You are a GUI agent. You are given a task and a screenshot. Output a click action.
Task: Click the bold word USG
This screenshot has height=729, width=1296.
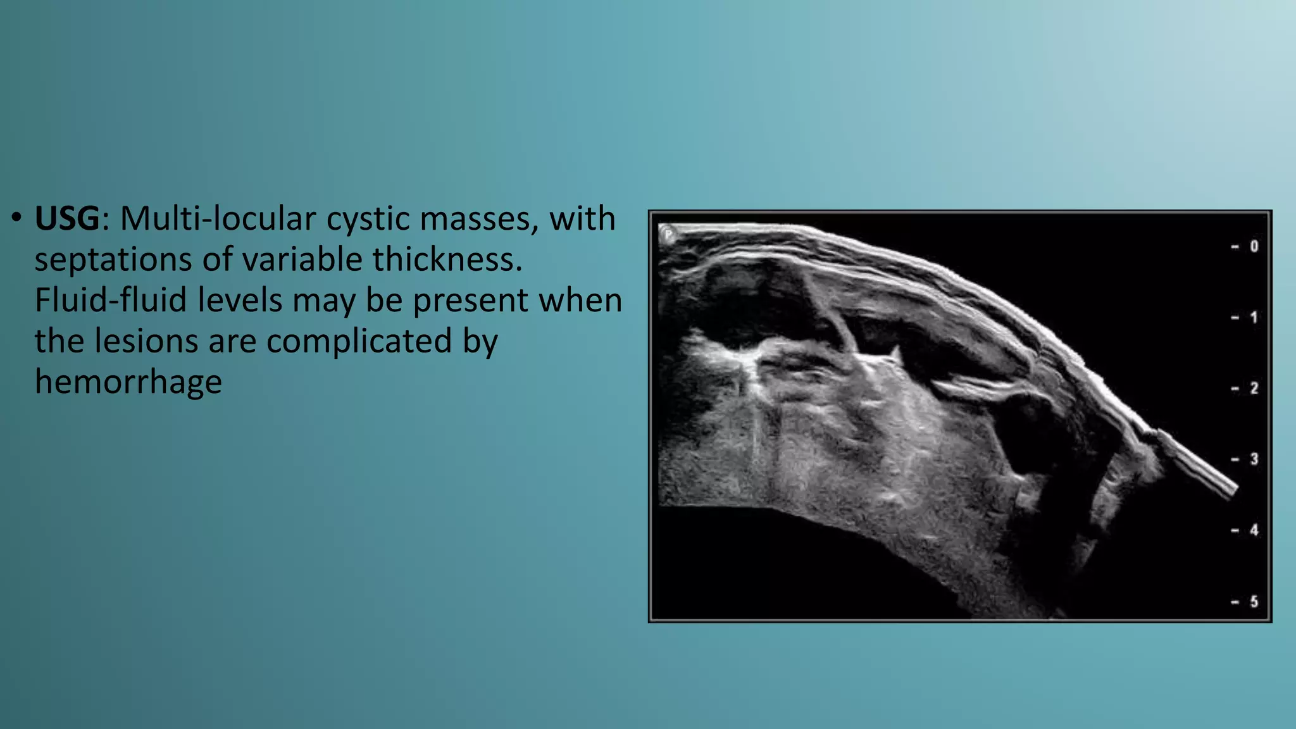tap(67, 219)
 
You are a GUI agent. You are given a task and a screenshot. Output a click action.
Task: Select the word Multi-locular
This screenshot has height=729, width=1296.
tap(218, 219)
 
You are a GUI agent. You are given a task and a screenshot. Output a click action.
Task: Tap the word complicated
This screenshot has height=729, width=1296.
tap(359, 341)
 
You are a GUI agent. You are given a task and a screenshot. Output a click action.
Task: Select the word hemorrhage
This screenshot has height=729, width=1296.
tap(128, 382)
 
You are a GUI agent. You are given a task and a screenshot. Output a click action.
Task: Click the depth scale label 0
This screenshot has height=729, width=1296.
tap(1254, 246)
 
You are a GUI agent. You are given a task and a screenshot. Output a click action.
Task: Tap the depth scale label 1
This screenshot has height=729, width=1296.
tap(1254, 317)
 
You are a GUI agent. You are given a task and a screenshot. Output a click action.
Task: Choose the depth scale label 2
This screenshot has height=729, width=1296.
tap(1254, 388)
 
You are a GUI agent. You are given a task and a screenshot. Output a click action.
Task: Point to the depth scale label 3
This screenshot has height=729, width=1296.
tap(1254, 459)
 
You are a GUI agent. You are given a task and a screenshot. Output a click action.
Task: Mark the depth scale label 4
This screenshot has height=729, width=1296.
tap(1254, 530)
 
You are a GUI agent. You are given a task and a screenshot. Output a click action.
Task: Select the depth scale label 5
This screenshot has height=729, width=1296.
tap(1254, 601)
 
